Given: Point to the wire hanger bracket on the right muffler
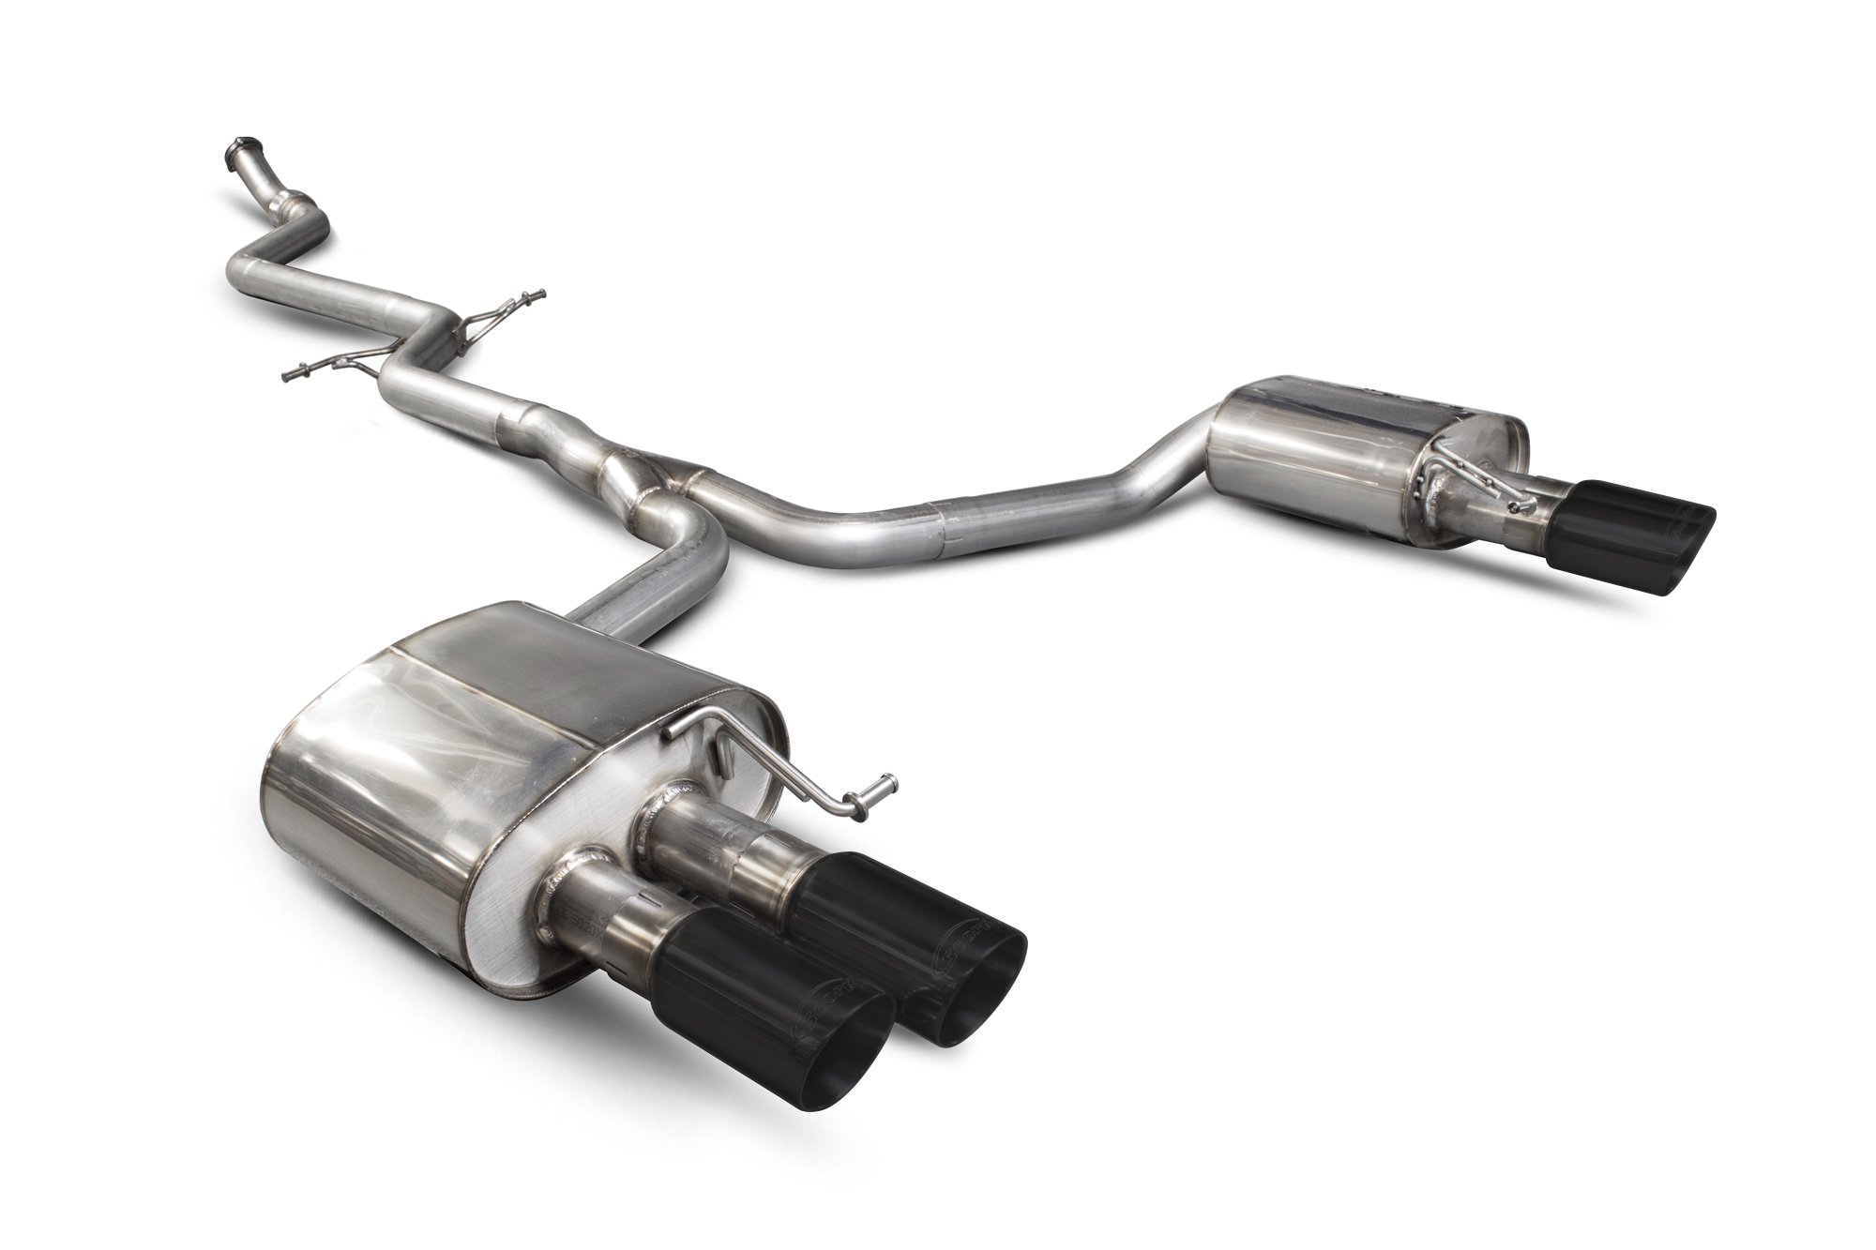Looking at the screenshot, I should coord(1468,478).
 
